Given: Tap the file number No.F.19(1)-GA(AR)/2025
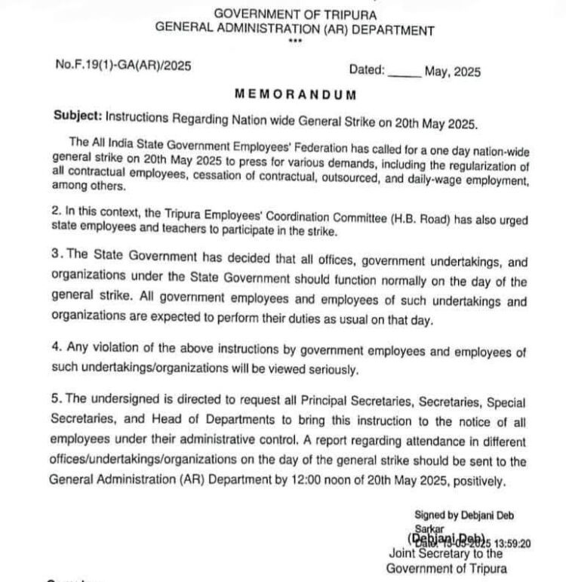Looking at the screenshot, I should [x=122, y=66].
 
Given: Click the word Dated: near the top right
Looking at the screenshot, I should [x=368, y=70].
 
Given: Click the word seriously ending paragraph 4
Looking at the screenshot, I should [x=324, y=370].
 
